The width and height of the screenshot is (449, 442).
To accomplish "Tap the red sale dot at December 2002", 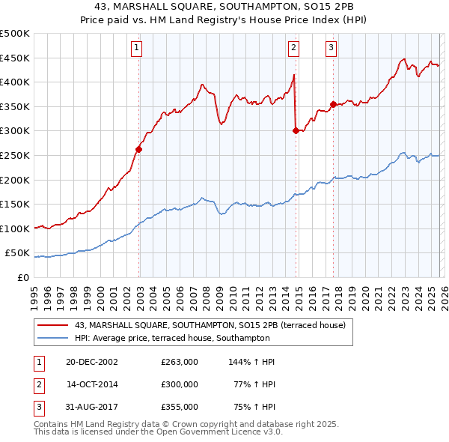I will click(x=139, y=149).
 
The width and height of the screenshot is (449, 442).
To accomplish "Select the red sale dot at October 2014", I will click(x=296, y=130).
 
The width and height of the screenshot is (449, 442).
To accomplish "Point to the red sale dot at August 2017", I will click(x=333, y=104).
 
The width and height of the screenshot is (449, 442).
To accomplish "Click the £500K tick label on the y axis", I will click(x=15, y=34).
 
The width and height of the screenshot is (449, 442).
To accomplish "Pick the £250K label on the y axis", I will click(x=15, y=156).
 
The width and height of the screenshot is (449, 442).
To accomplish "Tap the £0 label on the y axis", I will click(x=22, y=278).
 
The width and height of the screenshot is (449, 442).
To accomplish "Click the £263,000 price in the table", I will click(x=180, y=362).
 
